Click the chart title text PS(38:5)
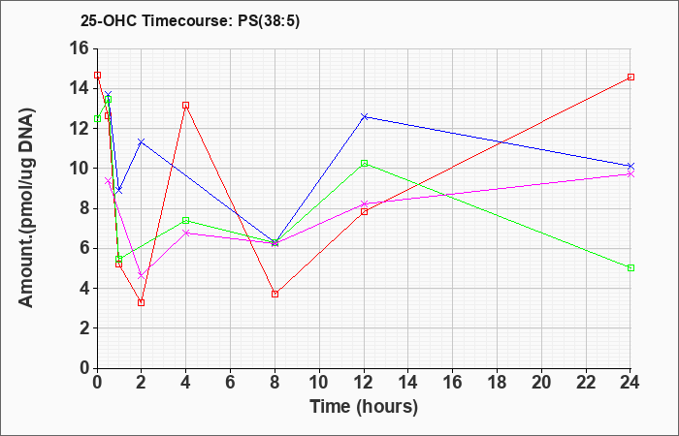pyautogui.click(x=269, y=21)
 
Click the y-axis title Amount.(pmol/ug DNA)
pyautogui.click(x=26, y=208)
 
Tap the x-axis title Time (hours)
pyautogui.click(x=364, y=407)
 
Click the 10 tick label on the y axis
pyautogui.click(x=82, y=169)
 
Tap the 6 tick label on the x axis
pyautogui.click(x=231, y=383)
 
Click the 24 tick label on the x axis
pyautogui.click(x=630, y=383)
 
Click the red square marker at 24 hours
pyautogui.click(x=630, y=77)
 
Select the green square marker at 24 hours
pyautogui.click(x=630, y=268)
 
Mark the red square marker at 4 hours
pyautogui.click(x=186, y=105)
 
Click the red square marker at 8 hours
pyautogui.click(x=275, y=295)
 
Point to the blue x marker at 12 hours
pyautogui.click(x=364, y=117)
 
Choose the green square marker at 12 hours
pyautogui.click(x=364, y=164)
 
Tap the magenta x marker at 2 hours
pyautogui.click(x=142, y=275)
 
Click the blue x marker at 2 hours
pyautogui.click(x=142, y=141)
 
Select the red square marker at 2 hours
pyautogui.click(x=142, y=302)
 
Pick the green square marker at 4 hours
pyautogui.click(x=186, y=221)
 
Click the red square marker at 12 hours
pyautogui.click(x=364, y=211)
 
